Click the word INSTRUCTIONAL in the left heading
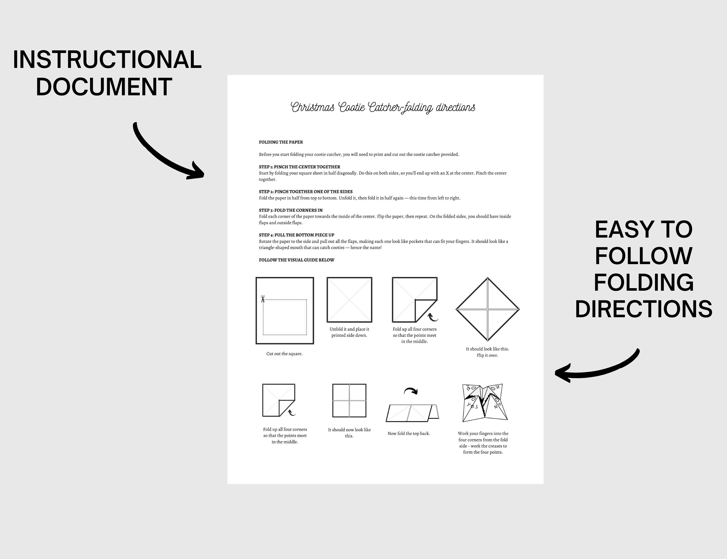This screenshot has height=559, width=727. [107, 60]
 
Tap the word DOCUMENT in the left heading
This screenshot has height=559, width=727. [104, 87]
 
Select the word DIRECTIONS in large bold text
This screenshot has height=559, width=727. [643, 309]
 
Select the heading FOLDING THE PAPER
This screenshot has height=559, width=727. [281, 142]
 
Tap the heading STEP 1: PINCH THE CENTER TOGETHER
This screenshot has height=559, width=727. [299, 167]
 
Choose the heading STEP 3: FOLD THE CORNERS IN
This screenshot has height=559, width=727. [291, 210]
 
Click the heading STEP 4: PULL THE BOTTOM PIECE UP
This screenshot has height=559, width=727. [296, 235]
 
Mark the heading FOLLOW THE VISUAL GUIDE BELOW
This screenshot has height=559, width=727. [296, 260]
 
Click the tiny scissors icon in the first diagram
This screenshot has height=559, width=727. [263, 299]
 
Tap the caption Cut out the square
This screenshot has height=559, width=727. [284, 354]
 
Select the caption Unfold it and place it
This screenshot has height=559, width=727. [349, 329]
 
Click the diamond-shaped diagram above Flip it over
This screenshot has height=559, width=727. [487, 309]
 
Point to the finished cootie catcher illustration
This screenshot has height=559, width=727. [484, 402]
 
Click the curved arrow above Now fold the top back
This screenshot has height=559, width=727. [411, 391]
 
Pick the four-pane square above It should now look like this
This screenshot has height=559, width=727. [349, 401]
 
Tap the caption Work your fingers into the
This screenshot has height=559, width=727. [483, 434]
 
